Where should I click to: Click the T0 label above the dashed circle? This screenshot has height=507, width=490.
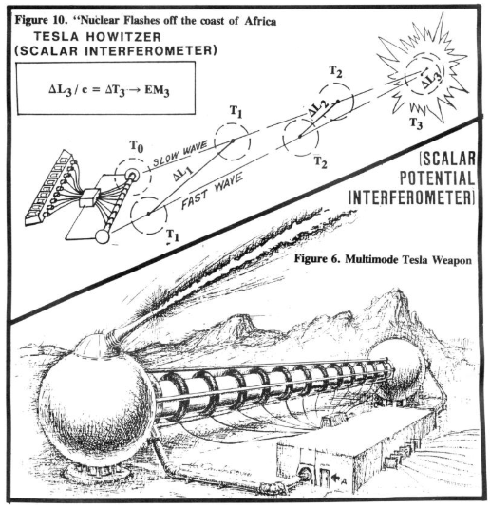pos(137,146)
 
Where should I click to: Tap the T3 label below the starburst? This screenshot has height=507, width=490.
pos(416,123)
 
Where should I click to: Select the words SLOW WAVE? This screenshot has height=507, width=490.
pos(179,154)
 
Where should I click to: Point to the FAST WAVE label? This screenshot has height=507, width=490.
pos(212,191)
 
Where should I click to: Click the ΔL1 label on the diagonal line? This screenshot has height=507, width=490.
pos(182,173)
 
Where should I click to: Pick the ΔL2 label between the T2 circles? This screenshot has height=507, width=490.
pos(318,107)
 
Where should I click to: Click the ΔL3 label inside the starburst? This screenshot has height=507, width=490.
pos(431,80)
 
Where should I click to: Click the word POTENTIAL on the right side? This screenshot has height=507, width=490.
pos(437,178)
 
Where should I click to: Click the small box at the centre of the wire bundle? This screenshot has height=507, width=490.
pos(91,197)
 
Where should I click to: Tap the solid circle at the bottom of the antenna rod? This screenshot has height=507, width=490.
pos(103,237)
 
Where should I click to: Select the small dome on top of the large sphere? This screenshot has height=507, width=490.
pos(91,346)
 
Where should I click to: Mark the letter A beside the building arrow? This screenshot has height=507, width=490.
pos(344,481)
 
